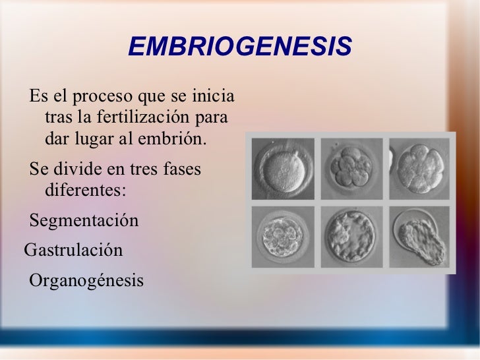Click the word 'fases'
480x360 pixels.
point(183,169)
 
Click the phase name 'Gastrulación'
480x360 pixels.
point(73,251)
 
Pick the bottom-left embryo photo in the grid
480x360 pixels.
point(282,237)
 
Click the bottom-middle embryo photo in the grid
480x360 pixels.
point(350,237)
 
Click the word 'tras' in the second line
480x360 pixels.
point(57,119)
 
